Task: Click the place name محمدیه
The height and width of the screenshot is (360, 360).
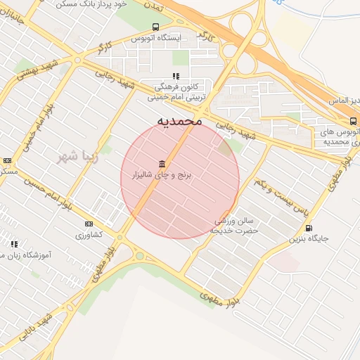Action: (x=179, y=121)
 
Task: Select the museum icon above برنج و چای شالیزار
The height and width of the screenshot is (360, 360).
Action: (x=162, y=163)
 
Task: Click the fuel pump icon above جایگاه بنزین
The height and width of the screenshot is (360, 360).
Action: (x=309, y=228)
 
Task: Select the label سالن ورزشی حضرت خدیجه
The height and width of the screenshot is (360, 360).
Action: (x=237, y=226)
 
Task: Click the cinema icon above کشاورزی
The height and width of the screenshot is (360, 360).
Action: (x=89, y=224)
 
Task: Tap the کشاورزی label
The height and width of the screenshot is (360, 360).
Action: (x=89, y=233)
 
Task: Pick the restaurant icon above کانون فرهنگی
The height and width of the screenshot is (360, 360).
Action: (x=176, y=75)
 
